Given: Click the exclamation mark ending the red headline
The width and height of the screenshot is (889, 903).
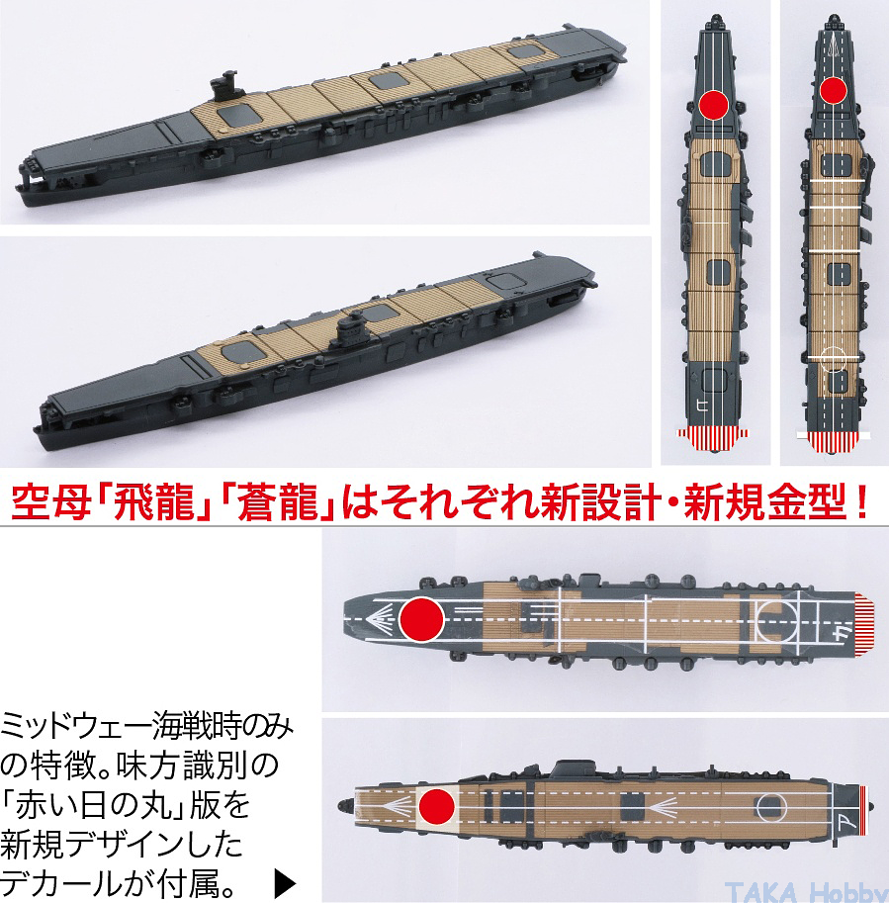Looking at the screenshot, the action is point(862,502).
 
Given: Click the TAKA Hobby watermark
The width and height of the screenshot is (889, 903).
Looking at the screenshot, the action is point(806,891).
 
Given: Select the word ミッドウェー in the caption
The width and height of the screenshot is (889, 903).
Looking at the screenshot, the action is point(76,727).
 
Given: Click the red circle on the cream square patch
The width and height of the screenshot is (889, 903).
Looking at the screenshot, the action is point(437,806).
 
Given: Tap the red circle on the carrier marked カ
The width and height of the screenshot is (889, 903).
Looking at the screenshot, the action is point(421,619).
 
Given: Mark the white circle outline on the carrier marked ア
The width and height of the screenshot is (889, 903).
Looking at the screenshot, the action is point(771,807).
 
